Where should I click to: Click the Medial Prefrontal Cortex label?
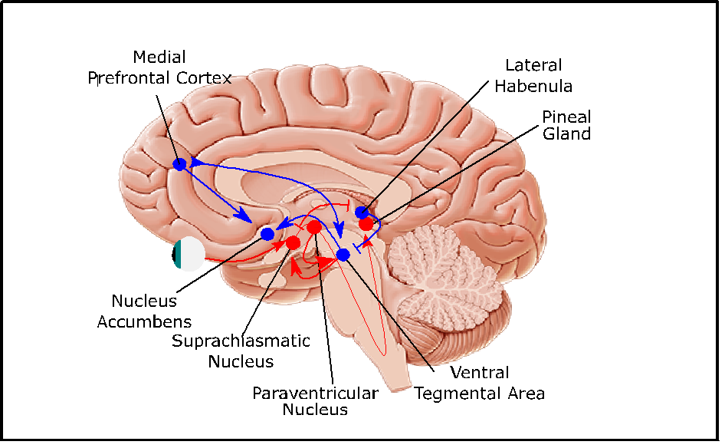point(159,68)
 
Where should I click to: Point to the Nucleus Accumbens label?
point(144,311)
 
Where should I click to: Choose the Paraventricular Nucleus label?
point(315,401)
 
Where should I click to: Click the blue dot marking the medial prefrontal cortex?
point(180,164)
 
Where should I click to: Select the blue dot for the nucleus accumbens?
point(267,234)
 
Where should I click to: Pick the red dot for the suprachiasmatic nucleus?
point(293,242)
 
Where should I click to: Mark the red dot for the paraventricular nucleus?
point(313,227)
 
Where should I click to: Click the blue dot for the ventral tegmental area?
point(343,254)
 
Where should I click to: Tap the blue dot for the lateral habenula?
point(362,212)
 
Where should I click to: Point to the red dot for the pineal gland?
point(366,223)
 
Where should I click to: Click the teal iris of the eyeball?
point(178,254)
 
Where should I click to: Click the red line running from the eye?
point(238,259)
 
